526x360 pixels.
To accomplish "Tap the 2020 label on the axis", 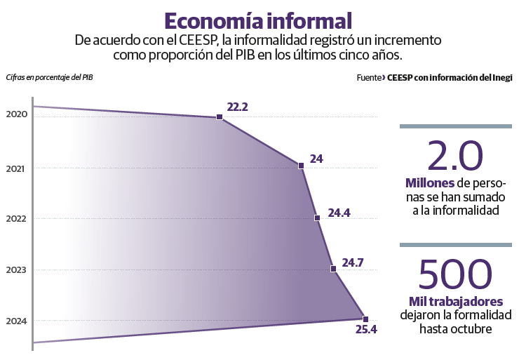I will (x=15, y=114).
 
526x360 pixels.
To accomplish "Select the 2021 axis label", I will (x=15, y=168).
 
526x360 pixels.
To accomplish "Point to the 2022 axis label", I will (x=15, y=218).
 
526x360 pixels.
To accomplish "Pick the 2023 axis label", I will (x=15, y=269).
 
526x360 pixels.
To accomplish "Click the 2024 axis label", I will (x=15, y=321).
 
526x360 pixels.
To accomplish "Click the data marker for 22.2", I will (x=220, y=117).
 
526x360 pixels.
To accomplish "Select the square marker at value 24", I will (x=301, y=166).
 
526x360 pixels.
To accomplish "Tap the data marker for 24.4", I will (x=317, y=218).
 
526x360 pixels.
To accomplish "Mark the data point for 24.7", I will (x=333, y=268).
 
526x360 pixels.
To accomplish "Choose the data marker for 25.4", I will (x=365, y=319).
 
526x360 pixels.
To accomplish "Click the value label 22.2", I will (x=238, y=107).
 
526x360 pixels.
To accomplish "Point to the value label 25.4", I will (x=366, y=330).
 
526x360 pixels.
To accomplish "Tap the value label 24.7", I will (x=352, y=263).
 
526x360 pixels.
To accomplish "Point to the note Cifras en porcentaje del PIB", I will (x=48, y=77).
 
